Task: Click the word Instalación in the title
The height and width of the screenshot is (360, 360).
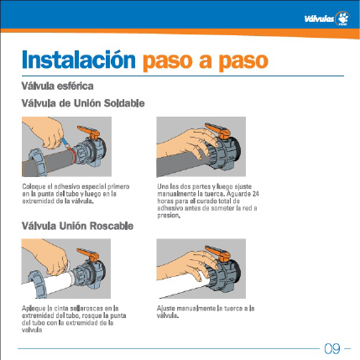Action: click(x=79, y=60)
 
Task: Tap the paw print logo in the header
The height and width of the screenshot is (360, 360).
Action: click(x=343, y=18)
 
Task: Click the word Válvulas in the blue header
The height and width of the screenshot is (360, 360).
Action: click(x=319, y=19)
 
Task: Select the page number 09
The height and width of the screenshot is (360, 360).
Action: click(x=332, y=348)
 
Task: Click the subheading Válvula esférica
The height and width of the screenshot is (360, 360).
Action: click(x=57, y=86)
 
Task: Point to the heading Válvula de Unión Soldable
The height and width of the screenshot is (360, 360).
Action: click(x=83, y=103)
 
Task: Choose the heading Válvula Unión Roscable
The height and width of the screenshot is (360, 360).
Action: click(x=77, y=226)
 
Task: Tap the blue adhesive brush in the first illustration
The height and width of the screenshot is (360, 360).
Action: click(x=65, y=143)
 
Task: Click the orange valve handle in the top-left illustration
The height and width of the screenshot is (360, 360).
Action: click(x=89, y=132)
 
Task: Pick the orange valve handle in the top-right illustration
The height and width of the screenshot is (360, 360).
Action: click(x=218, y=131)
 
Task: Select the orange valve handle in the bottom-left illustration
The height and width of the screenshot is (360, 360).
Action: click(x=88, y=254)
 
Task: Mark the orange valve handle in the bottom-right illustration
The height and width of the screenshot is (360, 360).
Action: click(x=218, y=253)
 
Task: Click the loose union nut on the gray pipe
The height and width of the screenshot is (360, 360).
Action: click(x=37, y=162)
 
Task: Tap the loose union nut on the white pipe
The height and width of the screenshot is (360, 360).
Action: click(x=38, y=284)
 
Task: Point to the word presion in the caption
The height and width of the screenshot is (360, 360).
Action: click(x=168, y=216)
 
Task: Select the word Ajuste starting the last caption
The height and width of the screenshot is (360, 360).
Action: click(x=166, y=309)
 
